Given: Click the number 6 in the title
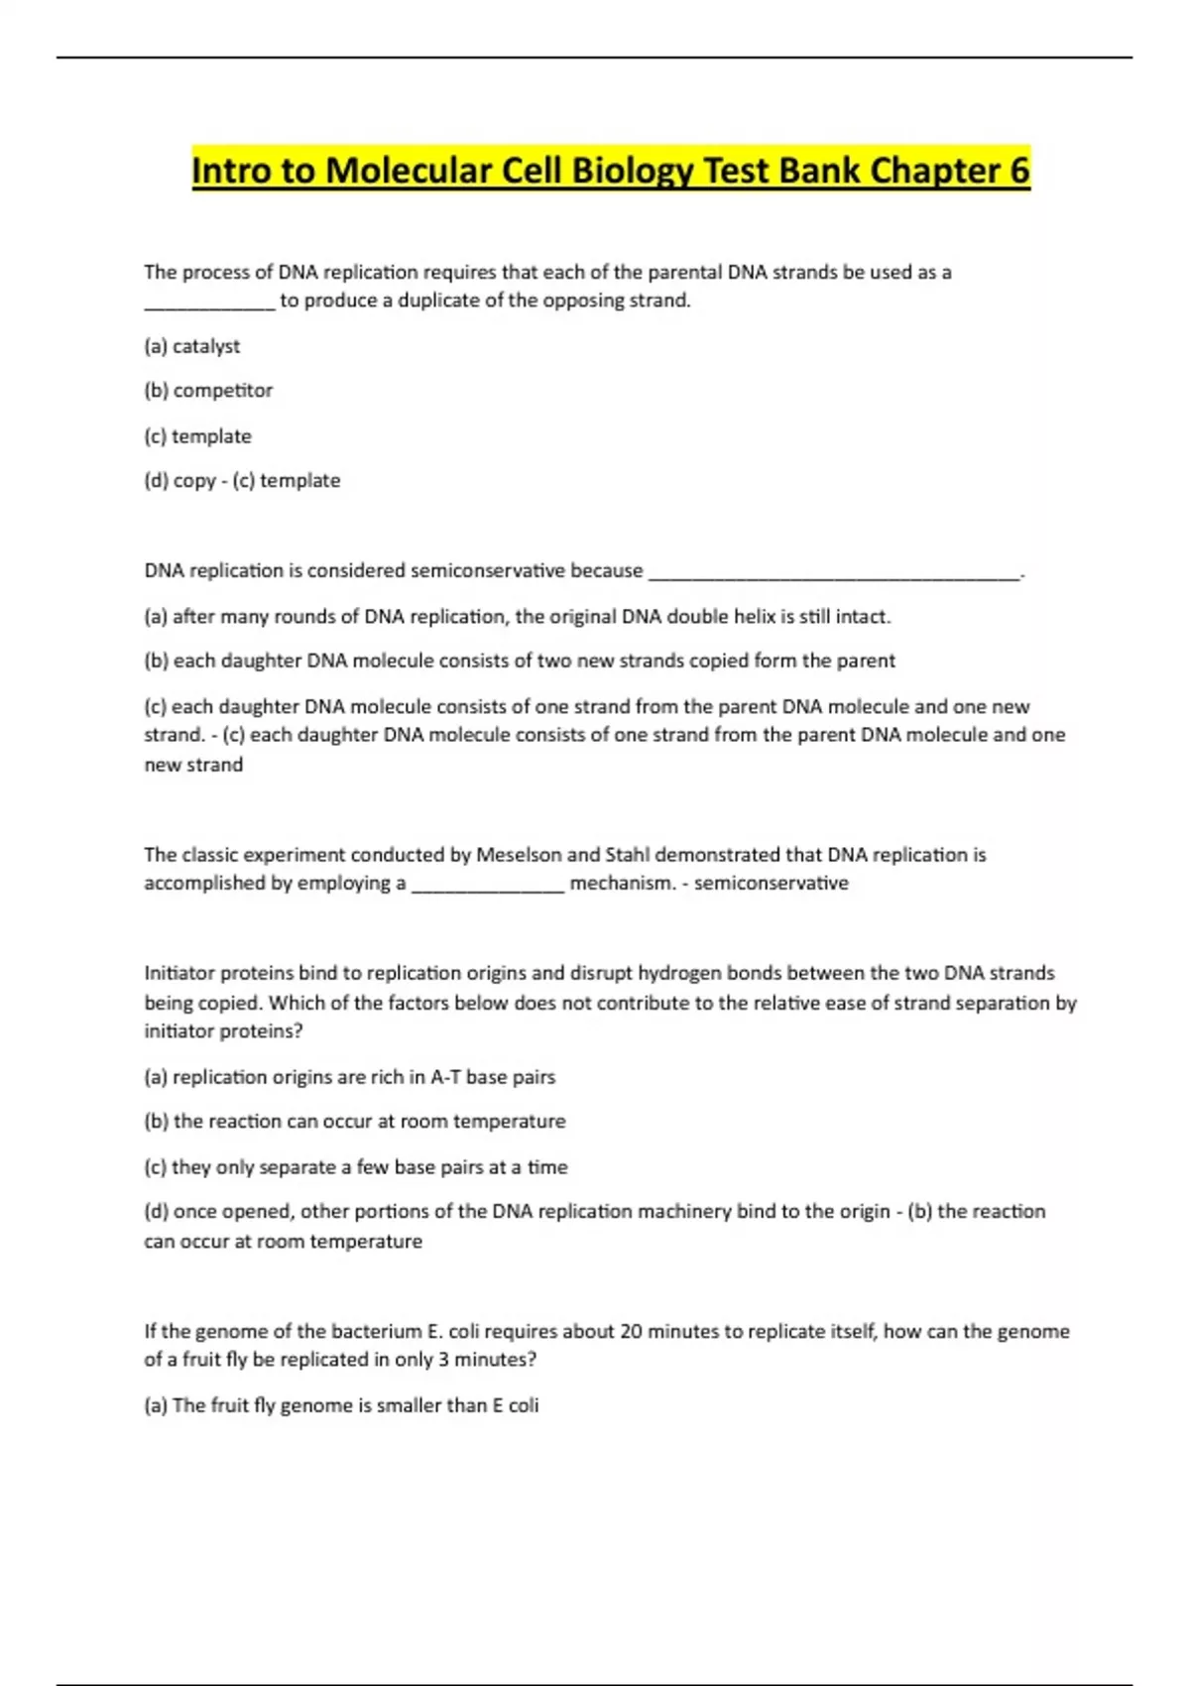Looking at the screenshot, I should click(x=1018, y=171).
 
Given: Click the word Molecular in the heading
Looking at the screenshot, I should click(x=408, y=171).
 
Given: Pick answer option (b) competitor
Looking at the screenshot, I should click(x=208, y=391).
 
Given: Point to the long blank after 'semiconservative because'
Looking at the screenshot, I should click(x=833, y=575).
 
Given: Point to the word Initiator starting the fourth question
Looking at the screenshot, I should click(x=179, y=973).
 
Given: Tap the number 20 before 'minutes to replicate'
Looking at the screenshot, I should click(x=632, y=1332).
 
